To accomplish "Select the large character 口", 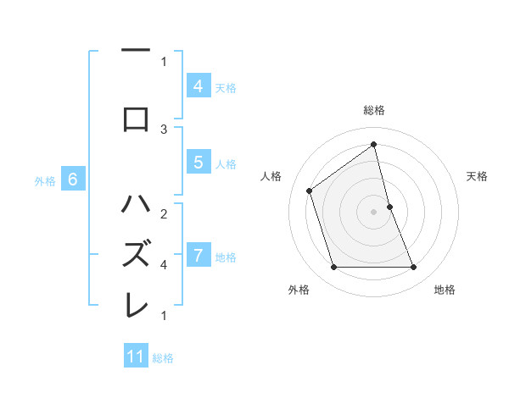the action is click(136, 118).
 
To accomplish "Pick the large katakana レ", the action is click(136, 303).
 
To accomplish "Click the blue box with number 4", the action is click(198, 86).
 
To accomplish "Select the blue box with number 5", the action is click(198, 163).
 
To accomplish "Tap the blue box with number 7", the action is click(198, 256).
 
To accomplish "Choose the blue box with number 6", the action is click(73, 180).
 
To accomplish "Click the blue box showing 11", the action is click(136, 357).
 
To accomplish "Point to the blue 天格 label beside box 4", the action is click(226, 87).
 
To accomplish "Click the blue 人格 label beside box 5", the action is click(226, 164).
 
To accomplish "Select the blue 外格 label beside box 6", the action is click(45, 180).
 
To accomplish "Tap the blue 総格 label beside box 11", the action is click(163, 358).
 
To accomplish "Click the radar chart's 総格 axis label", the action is click(373, 111).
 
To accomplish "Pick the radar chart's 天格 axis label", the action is click(477, 176).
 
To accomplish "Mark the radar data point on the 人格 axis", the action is click(310, 191).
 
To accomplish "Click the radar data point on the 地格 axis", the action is click(413, 267).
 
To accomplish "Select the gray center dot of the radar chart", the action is click(373, 211).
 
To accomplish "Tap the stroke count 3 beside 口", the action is click(164, 129).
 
